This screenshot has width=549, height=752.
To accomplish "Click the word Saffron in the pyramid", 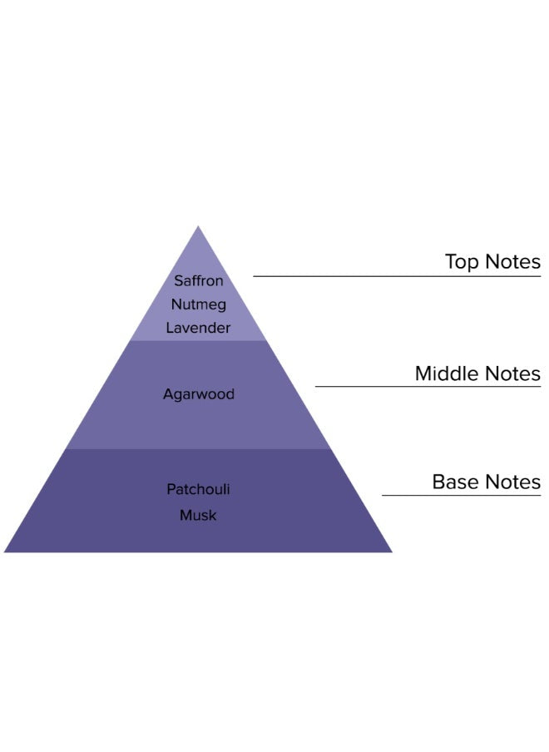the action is coord(199,280).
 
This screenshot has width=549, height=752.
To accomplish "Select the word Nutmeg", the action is coord(199,304).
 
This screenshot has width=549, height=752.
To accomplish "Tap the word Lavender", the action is coord(198,328).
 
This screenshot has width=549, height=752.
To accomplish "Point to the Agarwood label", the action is coord(199,394).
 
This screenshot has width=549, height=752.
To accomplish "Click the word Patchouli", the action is coord(198,489).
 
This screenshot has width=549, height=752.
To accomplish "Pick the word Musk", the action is coord(198,515).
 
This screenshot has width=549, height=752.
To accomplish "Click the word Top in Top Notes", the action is coord(462,262).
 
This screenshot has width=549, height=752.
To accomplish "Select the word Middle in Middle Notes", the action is coord(445,374).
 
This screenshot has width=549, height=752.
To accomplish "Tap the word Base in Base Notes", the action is coord(453,482).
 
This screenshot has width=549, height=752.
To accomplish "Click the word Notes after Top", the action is coord(512,262).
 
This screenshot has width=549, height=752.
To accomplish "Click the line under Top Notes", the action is coord(397,276).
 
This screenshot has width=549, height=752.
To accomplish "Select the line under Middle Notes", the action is coord(428,386).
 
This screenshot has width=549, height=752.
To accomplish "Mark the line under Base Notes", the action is coord(462,495).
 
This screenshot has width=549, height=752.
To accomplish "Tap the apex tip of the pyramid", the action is coord(198,226).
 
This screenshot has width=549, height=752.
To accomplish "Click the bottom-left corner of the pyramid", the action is coord(4,552).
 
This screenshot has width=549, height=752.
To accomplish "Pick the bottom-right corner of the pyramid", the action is coord(393,552).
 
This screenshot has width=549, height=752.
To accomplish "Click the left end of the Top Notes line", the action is coord(254,276).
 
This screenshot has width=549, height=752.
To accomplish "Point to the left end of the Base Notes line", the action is coord(382,495).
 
